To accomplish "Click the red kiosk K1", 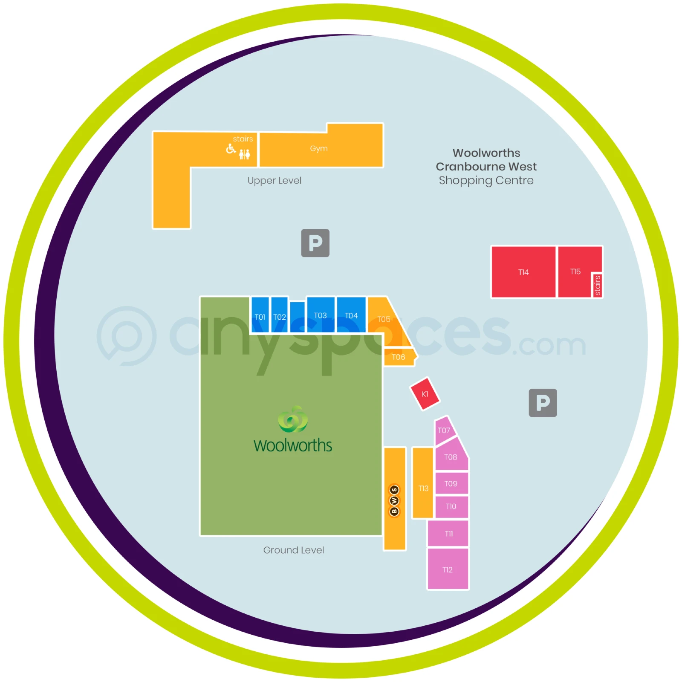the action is [x=425, y=394].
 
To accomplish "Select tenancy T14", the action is [x=523, y=272].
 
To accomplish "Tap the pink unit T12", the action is [x=448, y=569].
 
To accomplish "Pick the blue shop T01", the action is [x=260, y=315].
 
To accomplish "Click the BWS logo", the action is [x=395, y=500].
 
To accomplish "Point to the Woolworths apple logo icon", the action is [x=293, y=419].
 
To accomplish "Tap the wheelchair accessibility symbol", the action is [x=231, y=149].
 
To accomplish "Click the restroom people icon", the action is [x=245, y=154].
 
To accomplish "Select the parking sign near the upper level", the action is [x=315, y=243].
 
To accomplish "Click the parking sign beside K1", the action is [x=543, y=403].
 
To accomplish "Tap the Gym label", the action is [x=319, y=148].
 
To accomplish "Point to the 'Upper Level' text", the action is [x=275, y=181].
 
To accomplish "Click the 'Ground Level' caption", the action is [x=294, y=550].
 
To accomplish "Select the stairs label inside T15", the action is [x=598, y=285].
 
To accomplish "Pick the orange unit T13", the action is [x=423, y=483].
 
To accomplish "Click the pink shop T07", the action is [x=445, y=430].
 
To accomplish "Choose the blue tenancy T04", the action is [x=351, y=315].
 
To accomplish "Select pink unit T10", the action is [x=451, y=506].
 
